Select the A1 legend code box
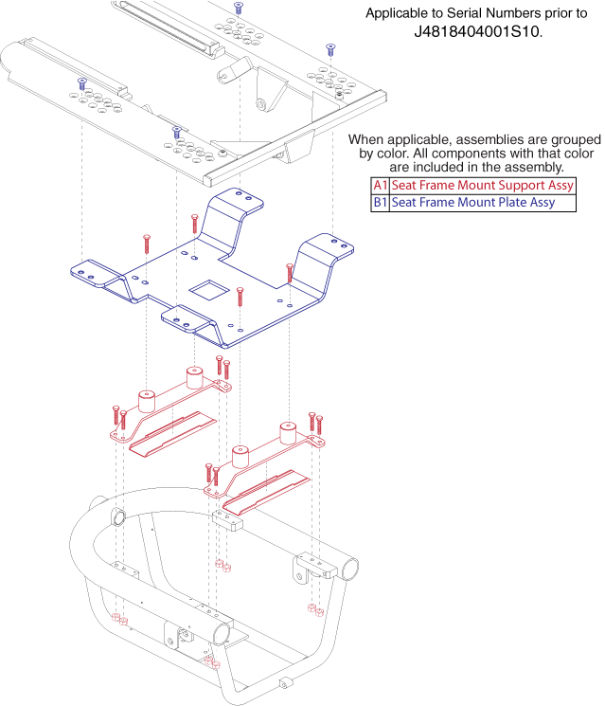(380, 185)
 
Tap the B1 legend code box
(380, 202)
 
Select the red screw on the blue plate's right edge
(290, 273)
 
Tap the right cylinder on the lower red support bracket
(287, 433)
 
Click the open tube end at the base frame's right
(347, 569)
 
